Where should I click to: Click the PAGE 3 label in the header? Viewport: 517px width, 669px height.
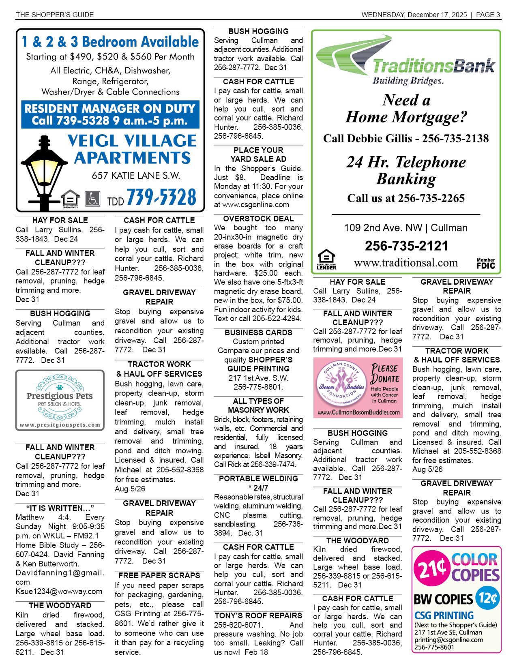488,15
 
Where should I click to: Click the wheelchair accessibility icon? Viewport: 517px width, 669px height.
93,199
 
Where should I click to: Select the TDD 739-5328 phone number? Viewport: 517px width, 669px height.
152,198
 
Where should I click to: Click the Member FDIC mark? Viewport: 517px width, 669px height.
485,264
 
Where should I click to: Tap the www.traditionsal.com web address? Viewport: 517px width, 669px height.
406,263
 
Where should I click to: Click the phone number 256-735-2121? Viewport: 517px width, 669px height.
406,246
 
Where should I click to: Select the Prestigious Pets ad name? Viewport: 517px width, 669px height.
60,396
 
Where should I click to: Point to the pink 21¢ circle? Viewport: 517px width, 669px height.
431,569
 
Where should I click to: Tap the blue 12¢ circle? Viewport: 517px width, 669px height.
487,598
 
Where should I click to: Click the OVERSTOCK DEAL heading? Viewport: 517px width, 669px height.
258,219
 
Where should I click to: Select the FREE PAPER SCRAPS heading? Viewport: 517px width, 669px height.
159,575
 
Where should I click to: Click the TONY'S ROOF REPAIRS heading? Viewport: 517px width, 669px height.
258,615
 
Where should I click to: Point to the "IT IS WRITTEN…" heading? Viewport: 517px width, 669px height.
60,508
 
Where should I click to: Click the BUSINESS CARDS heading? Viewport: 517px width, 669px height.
258,332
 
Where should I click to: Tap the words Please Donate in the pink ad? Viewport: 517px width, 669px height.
385,373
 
